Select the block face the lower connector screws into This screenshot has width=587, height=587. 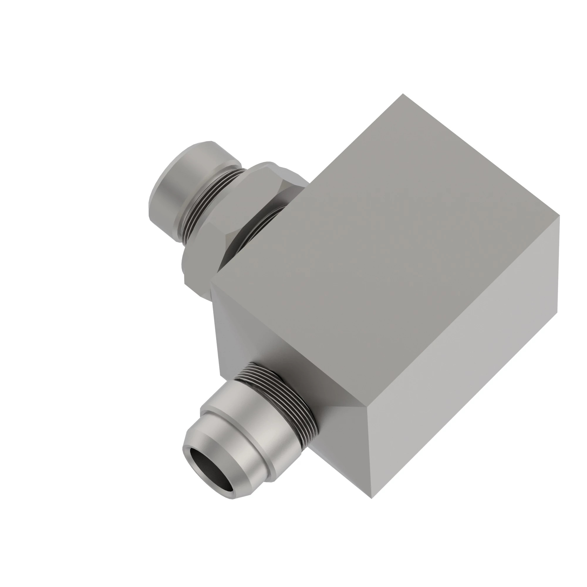[274, 349]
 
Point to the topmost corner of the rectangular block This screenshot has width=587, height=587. [403, 94]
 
